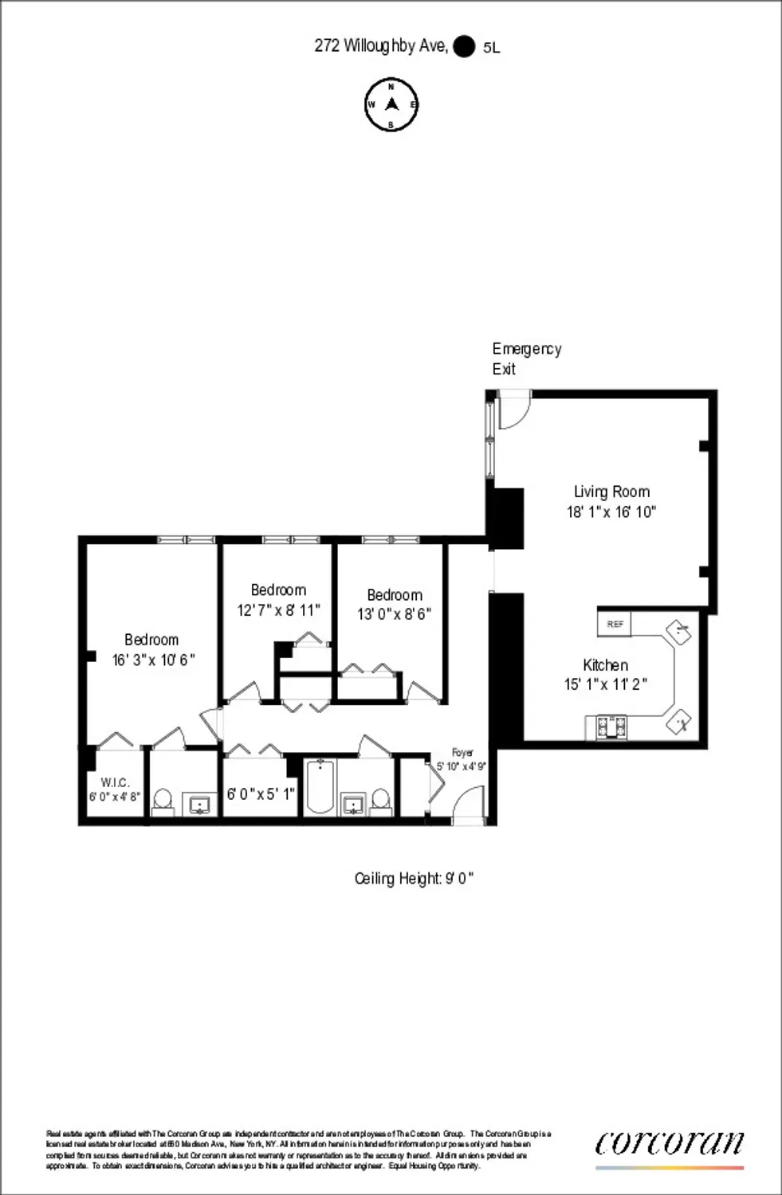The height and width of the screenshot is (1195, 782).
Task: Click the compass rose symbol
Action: pos(391,104)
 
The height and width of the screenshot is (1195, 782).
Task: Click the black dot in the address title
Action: pos(463,47)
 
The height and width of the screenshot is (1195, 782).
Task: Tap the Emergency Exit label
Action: pos(526,358)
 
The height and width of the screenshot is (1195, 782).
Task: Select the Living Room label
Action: pos(611,492)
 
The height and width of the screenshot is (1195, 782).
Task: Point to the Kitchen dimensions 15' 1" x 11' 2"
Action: pos(605,684)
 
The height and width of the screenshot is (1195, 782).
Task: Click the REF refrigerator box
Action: pos(615,624)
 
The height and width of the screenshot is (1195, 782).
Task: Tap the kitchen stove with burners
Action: pos(611,726)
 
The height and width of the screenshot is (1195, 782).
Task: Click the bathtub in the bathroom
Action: pos(319,787)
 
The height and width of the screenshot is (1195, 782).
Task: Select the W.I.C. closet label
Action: pos(116,783)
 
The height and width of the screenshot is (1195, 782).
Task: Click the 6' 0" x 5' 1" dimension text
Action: pos(261,794)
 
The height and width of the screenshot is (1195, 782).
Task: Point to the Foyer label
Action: pos(462,752)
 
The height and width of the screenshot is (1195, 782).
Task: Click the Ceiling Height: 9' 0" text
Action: pos(414,879)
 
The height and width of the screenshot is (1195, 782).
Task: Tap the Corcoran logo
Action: pos(670,1143)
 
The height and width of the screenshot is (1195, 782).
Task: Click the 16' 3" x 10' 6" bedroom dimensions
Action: pos(153,660)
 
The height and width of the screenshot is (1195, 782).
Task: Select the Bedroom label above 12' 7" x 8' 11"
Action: pos(278,590)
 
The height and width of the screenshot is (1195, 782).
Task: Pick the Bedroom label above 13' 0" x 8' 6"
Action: pos(395,595)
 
